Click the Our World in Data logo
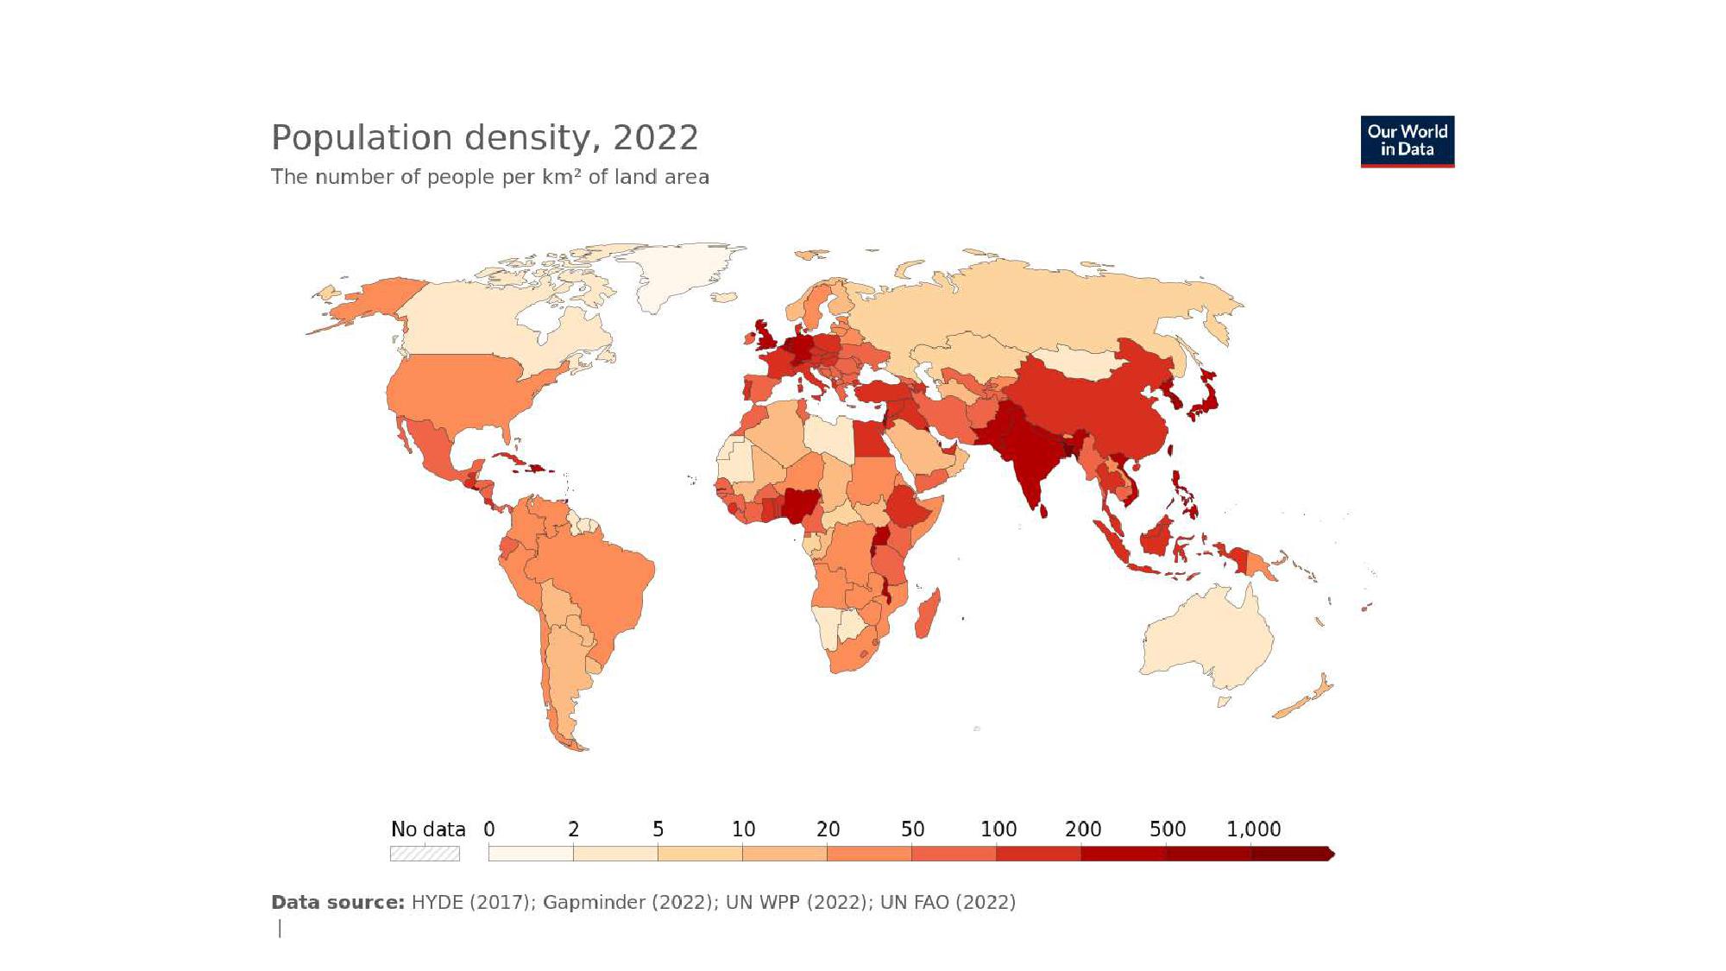pyautogui.click(x=1408, y=142)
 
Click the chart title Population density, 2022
pyautogui.click(x=485, y=138)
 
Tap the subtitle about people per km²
pyautogui.click(x=490, y=177)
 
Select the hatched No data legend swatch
pyautogui.click(x=425, y=854)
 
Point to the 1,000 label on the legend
pyautogui.click(x=1253, y=829)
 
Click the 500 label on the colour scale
pyautogui.click(x=1168, y=829)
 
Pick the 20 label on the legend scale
pyautogui.click(x=828, y=829)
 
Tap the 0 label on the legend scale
pyautogui.click(x=489, y=829)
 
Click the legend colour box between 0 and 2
pyautogui.click(x=531, y=854)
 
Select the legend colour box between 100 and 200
pyautogui.click(x=1039, y=854)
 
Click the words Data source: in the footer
pyautogui.click(x=337, y=903)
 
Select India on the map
pyautogui.click(x=1027, y=457)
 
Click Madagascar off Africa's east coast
pyautogui.click(x=927, y=614)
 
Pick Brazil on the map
pyautogui.click(x=595, y=587)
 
